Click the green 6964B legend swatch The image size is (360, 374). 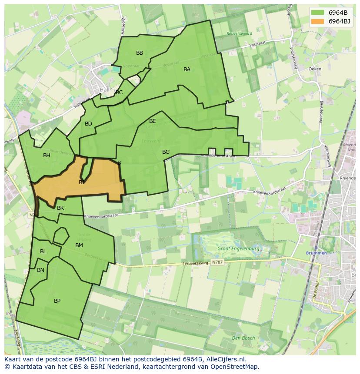tap(317, 13)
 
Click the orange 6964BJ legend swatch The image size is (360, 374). tap(317, 21)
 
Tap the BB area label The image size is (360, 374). tap(140, 53)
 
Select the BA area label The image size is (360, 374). tap(187, 70)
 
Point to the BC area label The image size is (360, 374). tap(119, 93)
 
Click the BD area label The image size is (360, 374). tap(88, 124)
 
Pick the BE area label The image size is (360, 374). tap(153, 121)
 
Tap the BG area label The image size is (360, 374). tap(166, 152)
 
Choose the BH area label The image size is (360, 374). tap(47, 156)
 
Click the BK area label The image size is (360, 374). tap(60, 208)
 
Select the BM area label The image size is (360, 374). tap(79, 245)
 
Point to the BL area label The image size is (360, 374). tap(43, 252)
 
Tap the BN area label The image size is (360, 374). tap(40, 270)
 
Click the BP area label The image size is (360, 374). tap(57, 301)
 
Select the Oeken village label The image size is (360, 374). tap(314, 69)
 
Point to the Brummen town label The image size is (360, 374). tap(316, 253)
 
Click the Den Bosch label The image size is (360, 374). tap(243, 338)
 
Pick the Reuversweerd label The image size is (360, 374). tap(239, 33)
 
